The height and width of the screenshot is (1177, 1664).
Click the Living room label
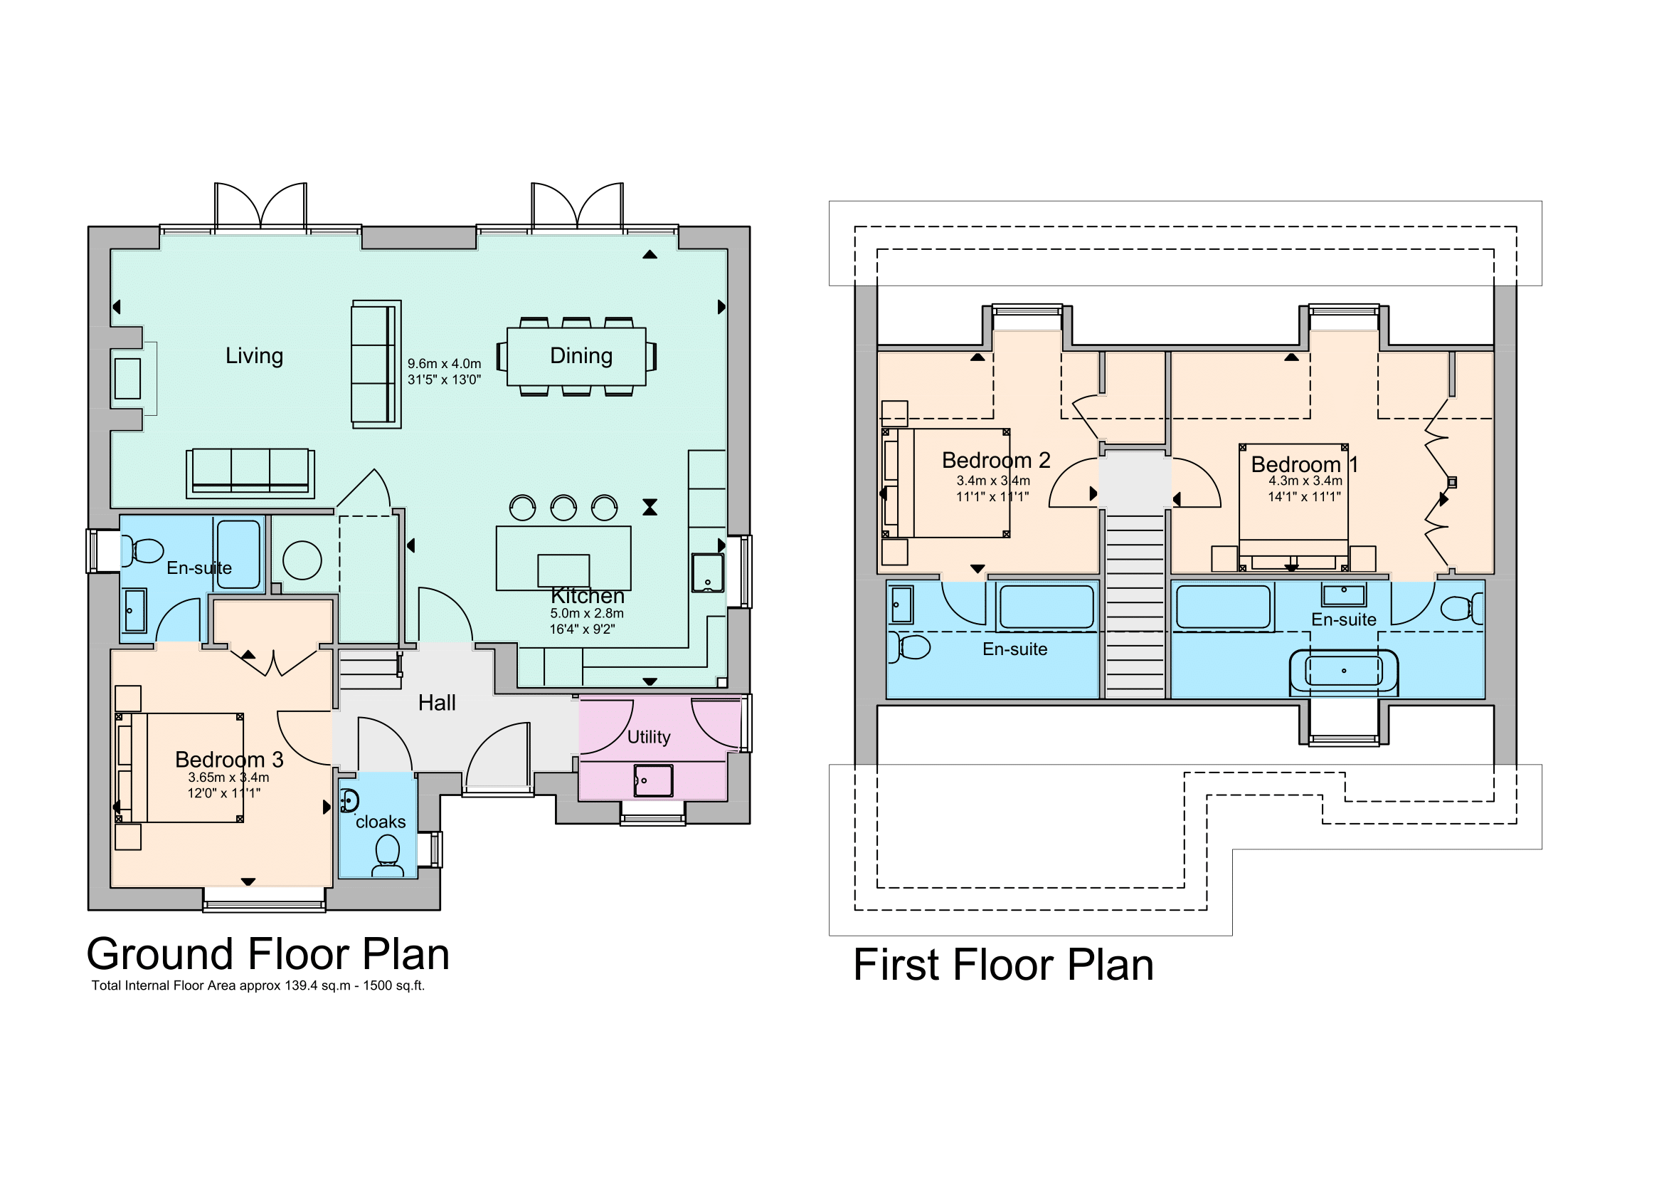click(x=255, y=356)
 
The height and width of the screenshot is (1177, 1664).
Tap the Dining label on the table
click(x=581, y=356)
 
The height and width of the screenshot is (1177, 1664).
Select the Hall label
click(x=437, y=703)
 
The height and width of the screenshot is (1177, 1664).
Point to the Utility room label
click(x=649, y=738)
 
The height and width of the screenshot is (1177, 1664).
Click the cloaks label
click(x=381, y=822)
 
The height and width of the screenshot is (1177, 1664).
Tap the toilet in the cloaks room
click(x=388, y=856)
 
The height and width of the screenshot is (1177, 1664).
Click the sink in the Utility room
click(x=653, y=780)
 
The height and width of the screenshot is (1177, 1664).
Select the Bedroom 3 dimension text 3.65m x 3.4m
click(x=228, y=778)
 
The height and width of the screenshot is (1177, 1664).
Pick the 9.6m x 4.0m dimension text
click(x=444, y=363)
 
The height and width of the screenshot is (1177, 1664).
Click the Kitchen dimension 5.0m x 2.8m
click(x=586, y=614)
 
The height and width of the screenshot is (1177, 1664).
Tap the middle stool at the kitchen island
click(x=563, y=508)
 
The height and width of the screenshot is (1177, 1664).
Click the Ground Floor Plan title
click(x=268, y=953)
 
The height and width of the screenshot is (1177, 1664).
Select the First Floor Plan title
click(x=1004, y=965)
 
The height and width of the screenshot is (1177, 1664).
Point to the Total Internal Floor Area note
click(x=258, y=985)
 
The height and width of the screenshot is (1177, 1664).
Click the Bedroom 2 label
click(x=996, y=461)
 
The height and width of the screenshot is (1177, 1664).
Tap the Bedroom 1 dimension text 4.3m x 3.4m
click(x=1305, y=481)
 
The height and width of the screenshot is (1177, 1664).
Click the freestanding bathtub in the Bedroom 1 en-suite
click(x=1344, y=671)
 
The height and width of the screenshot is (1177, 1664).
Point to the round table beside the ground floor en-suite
click(x=302, y=560)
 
